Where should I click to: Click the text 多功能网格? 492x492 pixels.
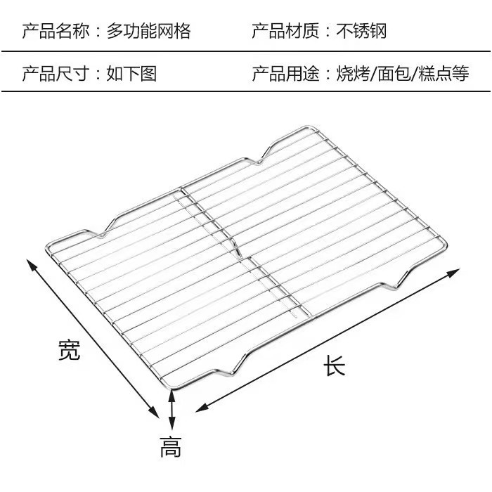[x=148, y=31]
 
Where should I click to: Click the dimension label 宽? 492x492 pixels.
[x=68, y=349]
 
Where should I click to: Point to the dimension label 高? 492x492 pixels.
[x=170, y=446]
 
